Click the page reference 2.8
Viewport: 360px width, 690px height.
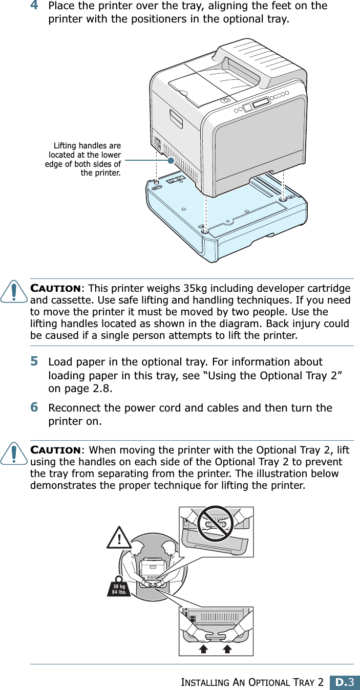coord(102,389)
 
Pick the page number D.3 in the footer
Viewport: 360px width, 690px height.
coord(344,682)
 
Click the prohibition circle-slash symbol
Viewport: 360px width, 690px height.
coord(216,523)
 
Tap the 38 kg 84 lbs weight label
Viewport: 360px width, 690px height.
coord(119,589)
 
